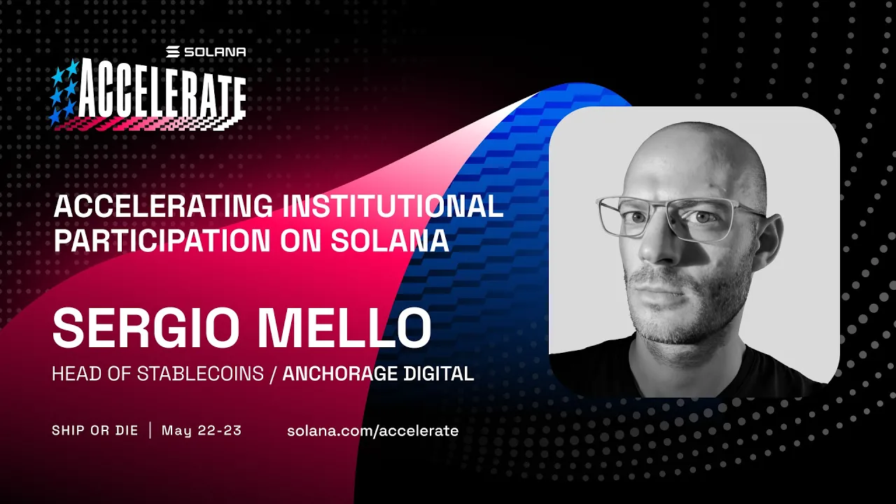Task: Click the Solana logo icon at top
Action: click(174, 52)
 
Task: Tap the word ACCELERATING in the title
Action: click(163, 206)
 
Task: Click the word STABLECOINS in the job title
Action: click(199, 374)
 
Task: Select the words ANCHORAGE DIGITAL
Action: click(378, 374)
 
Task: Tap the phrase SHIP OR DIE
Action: click(95, 430)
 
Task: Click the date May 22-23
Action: click(202, 430)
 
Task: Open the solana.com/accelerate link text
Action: click(372, 430)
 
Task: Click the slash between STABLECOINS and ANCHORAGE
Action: click(273, 374)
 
